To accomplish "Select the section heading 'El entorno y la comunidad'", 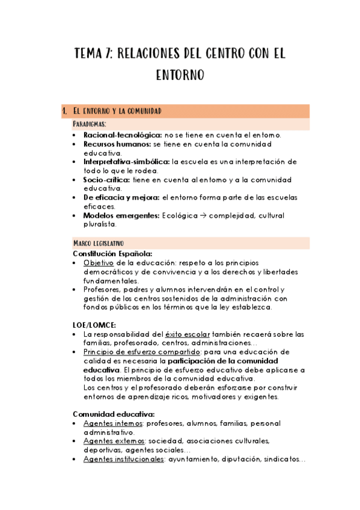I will (x=116, y=111).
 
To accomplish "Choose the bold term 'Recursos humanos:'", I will (x=117, y=144).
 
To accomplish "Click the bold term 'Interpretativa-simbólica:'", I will (x=126, y=162).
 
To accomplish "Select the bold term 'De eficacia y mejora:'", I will (x=121, y=198).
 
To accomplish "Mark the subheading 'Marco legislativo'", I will (x=98, y=243).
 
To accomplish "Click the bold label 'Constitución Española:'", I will (x=112, y=254).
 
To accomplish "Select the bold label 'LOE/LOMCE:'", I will (x=92, y=325).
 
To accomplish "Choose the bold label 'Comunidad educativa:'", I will (x=114, y=414).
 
